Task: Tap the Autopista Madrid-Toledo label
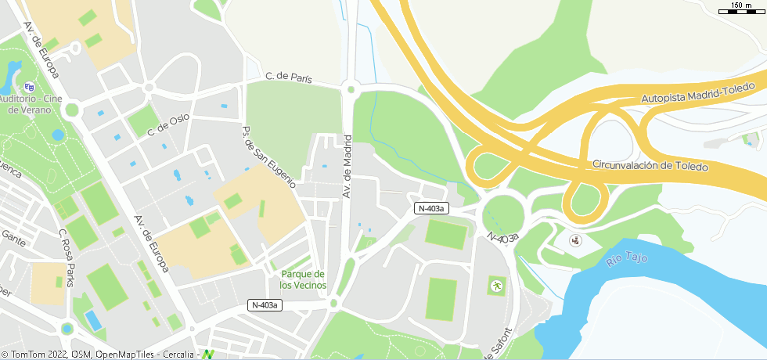tap(697, 92)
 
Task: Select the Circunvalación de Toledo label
tap(650, 166)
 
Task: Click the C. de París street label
tap(289, 77)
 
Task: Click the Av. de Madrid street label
tap(347, 166)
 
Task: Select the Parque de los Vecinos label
tap(303, 279)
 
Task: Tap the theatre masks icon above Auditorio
tap(29, 86)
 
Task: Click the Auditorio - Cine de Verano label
tap(31, 105)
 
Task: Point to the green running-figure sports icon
tap(495, 286)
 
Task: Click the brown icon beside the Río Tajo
tap(575, 240)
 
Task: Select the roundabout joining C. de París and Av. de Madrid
tap(350, 90)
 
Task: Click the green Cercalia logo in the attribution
tap(207, 355)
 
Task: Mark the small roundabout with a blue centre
tap(67, 329)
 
